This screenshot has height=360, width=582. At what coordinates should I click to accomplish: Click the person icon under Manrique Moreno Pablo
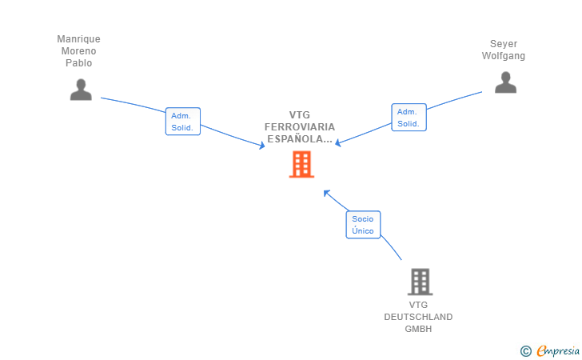(x=81, y=90)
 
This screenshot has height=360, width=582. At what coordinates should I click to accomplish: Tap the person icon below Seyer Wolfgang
(x=505, y=82)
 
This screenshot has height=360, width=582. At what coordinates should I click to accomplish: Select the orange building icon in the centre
(x=301, y=164)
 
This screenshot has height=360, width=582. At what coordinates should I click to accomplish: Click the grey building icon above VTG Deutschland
(x=421, y=282)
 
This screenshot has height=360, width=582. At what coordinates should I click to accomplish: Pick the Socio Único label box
(x=363, y=225)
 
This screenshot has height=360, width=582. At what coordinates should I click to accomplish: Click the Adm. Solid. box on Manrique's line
(x=183, y=122)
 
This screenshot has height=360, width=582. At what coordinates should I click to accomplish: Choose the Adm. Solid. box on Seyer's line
(x=409, y=118)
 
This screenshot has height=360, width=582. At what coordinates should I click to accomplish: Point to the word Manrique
(x=78, y=39)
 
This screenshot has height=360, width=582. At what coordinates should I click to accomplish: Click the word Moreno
(x=78, y=51)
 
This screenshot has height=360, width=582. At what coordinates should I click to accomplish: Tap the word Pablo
(x=78, y=62)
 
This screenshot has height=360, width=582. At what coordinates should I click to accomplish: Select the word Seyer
(x=504, y=44)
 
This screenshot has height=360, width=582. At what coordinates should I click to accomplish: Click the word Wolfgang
(x=504, y=56)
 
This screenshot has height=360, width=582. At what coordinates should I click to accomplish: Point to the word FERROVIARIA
(x=300, y=127)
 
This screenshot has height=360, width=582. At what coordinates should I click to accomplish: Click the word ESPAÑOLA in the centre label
(x=296, y=139)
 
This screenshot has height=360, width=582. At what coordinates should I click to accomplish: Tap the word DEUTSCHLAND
(x=418, y=317)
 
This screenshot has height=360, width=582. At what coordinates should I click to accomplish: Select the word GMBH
(x=418, y=329)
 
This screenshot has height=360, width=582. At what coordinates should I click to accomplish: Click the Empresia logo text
(x=558, y=350)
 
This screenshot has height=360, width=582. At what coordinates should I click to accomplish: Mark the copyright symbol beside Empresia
(x=525, y=351)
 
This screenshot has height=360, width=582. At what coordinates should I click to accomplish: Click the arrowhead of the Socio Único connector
(x=327, y=193)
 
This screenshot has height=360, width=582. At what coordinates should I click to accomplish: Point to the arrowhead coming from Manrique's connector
(x=261, y=146)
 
